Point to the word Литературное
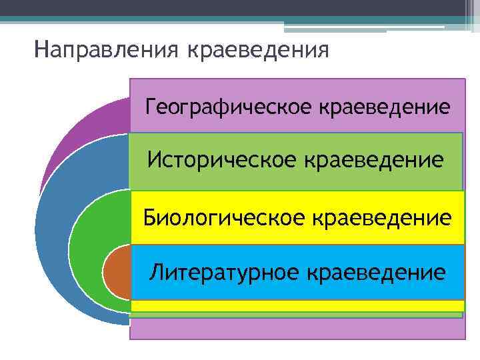(x=224, y=271)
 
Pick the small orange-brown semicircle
(x=117, y=273)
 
